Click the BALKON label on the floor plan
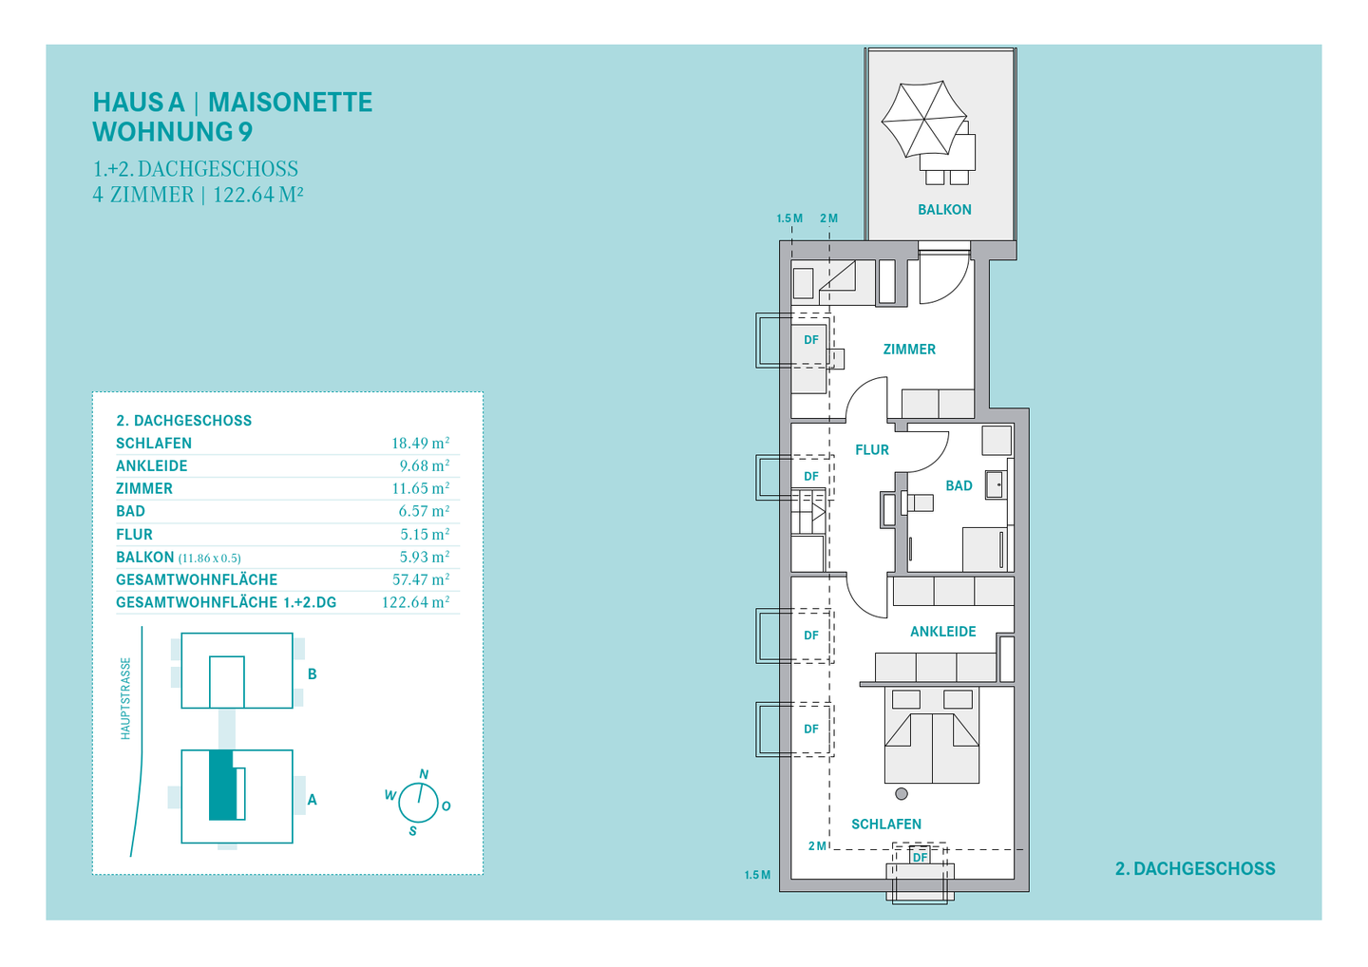944,209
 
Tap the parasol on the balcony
923,119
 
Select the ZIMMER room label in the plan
909,350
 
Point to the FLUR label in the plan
872,450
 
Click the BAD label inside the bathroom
959,486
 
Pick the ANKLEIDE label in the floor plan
943,632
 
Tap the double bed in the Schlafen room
932,735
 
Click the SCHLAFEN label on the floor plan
886,825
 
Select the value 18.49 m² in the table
420,444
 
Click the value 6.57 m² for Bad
424,511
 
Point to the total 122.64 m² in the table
415,602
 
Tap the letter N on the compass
424,774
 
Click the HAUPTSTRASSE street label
125,698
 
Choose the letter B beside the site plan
312,674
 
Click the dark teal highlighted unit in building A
222,785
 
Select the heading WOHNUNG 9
173,132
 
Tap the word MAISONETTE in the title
290,103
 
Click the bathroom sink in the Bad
995,484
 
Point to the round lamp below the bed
902,793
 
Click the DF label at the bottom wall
920,858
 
